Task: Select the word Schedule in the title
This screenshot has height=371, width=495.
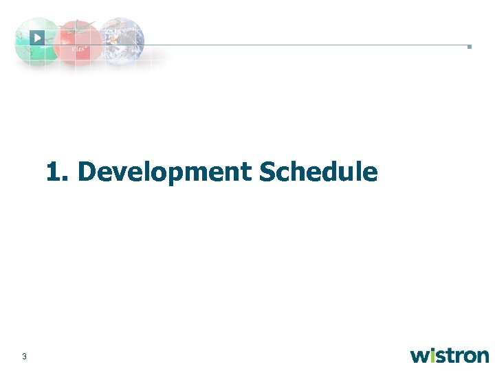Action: (x=318, y=172)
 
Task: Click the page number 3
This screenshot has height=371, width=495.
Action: (x=25, y=356)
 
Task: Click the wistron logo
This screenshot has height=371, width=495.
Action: (x=450, y=355)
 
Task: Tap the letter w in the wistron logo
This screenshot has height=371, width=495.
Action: (x=420, y=356)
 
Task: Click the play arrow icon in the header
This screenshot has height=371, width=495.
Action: (x=37, y=38)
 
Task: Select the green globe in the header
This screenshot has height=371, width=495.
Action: (x=34, y=43)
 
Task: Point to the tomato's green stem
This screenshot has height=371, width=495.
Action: (x=80, y=25)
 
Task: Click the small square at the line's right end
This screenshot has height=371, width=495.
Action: (x=469, y=47)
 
